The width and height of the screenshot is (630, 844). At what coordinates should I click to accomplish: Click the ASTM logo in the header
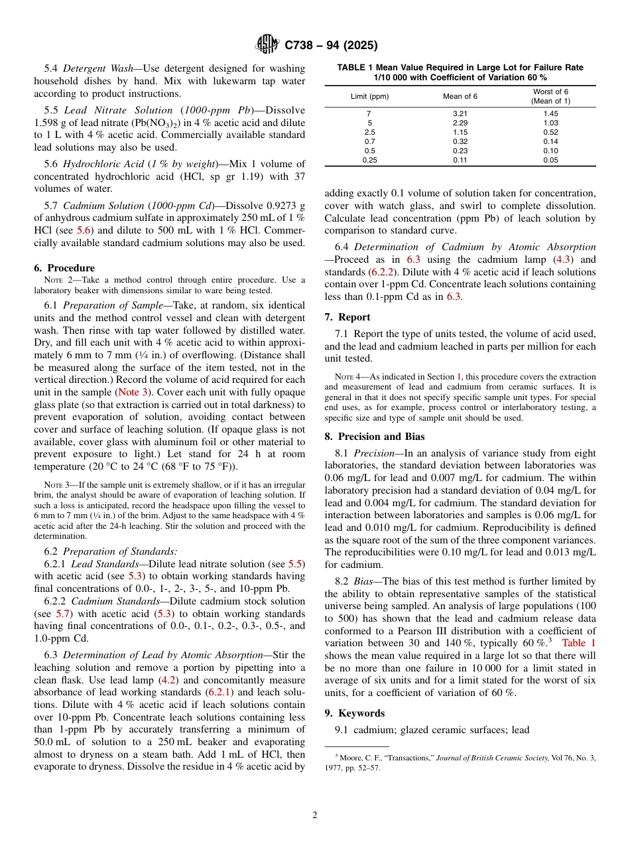[267, 45]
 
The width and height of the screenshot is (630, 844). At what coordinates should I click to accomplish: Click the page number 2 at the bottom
[315, 815]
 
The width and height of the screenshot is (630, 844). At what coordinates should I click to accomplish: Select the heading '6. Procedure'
[64, 268]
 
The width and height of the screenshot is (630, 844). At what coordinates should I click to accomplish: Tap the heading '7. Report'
[347, 317]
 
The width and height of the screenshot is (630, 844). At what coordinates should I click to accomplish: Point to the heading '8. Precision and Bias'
[374, 437]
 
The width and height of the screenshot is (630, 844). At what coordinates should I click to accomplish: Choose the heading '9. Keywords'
[354, 713]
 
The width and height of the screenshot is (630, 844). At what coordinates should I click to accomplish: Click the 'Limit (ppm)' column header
[369, 97]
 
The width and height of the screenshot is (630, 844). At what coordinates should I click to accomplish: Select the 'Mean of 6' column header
[460, 97]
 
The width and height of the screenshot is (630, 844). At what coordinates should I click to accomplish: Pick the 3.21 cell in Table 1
[460, 114]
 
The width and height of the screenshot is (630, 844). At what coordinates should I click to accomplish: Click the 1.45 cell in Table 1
[550, 114]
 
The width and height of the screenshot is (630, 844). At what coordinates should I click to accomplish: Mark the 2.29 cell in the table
[460, 123]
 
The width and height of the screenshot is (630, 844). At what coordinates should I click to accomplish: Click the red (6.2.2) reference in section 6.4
[384, 272]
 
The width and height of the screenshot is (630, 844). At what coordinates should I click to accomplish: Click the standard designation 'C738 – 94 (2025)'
[331, 46]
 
